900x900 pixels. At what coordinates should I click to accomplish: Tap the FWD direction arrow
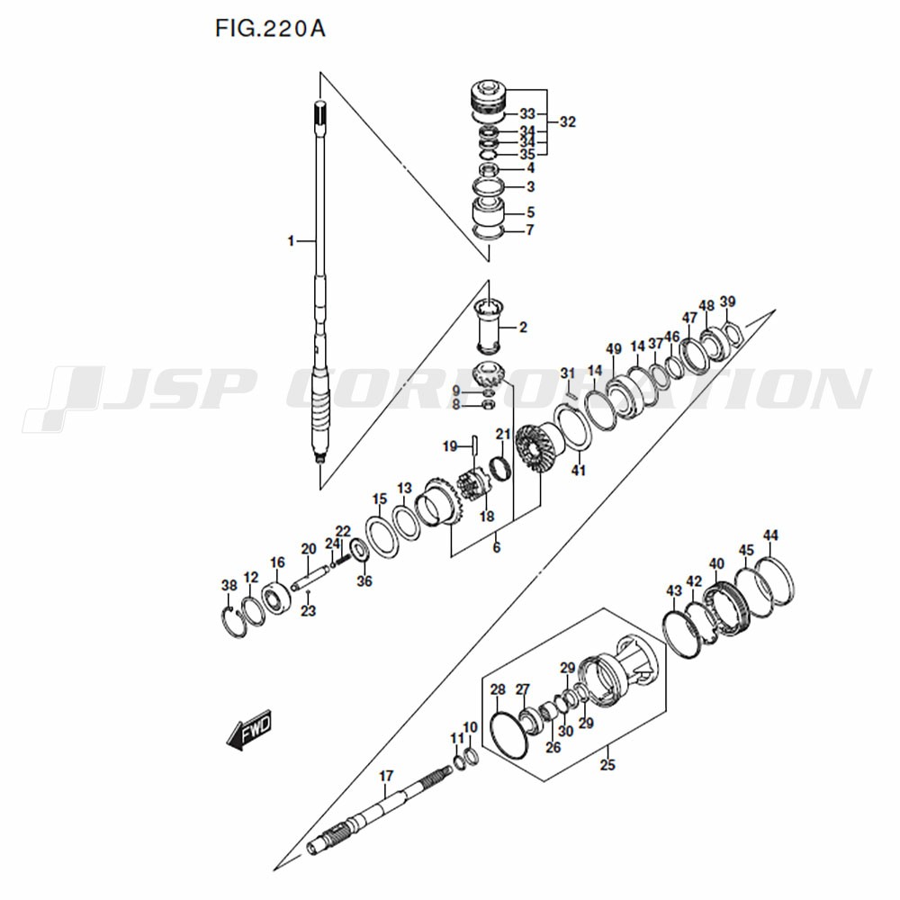pos(247,732)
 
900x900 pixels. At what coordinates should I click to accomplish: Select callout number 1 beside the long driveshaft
pos(291,241)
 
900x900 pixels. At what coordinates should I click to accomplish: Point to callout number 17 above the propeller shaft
pos(386,776)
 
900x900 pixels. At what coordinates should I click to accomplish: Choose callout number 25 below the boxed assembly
pos(607,766)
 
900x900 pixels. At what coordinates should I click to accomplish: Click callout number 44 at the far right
pos(770,536)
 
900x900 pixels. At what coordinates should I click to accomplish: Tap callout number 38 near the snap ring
pos(229,586)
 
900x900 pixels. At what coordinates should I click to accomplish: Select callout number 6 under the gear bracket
pos(496,547)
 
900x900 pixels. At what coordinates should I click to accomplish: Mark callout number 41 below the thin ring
pos(579,470)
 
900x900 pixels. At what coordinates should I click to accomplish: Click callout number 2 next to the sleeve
pos(522,327)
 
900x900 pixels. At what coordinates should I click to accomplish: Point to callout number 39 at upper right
pos(728,301)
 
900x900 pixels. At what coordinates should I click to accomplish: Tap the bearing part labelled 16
pos(275,598)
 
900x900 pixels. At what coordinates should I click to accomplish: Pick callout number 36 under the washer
pos(364,581)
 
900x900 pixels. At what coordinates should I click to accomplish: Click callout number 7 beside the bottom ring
pos(530,229)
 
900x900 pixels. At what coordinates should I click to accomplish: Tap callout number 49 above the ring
pos(614,349)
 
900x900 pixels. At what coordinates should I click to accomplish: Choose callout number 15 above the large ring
pos(380,499)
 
